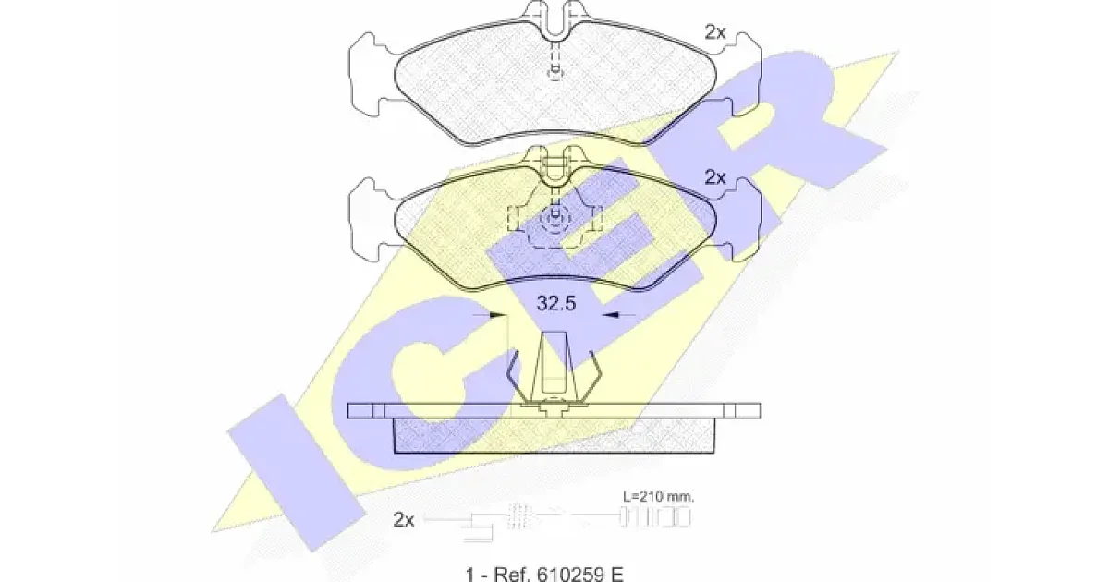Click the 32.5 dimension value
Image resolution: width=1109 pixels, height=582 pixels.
(x=556, y=303)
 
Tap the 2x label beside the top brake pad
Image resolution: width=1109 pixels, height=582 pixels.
(x=715, y=32)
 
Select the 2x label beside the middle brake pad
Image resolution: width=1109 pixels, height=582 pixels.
(x=715, y=177)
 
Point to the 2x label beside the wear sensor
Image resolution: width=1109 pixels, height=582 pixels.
(x=404, y=519)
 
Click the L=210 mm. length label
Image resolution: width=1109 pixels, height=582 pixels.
(x=658, y=496)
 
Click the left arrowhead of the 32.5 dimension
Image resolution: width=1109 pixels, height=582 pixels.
(x=497, y=315)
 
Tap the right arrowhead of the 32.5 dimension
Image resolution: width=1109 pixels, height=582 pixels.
(x=611, y=315)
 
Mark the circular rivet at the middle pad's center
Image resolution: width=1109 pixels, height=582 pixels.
(x=555, y=219)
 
